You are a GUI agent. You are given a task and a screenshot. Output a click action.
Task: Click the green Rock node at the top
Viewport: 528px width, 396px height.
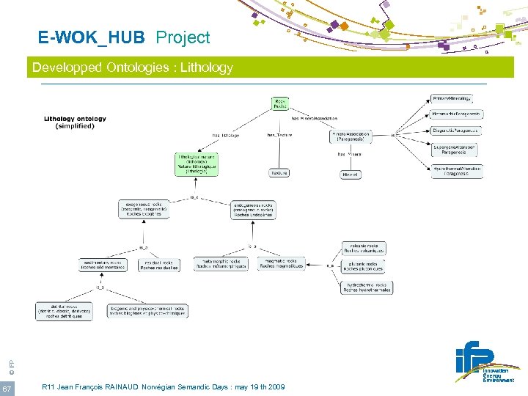(279, 103)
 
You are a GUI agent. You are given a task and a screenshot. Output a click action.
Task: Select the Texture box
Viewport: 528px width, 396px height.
(279, 173)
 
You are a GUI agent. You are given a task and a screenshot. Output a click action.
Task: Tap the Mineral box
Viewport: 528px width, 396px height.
(351, 175)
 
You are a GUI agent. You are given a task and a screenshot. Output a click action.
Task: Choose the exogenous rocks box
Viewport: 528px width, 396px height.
(144, 209)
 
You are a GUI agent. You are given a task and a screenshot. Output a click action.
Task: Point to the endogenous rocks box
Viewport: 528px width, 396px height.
(253, 209)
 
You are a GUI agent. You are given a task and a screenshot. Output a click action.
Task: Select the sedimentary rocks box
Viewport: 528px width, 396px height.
(103, 265)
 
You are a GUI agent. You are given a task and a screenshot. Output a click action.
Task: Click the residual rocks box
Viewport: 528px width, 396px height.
(158, 265)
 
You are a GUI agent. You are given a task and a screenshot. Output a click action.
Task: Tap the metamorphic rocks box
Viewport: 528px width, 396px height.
(220, 264)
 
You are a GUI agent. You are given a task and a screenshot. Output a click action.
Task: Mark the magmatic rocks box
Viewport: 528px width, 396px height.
(282, 264)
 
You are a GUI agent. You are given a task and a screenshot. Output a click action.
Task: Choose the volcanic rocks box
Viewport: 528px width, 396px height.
(364, 249)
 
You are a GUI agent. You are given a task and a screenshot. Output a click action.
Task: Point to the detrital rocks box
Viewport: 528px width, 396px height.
(64, 311)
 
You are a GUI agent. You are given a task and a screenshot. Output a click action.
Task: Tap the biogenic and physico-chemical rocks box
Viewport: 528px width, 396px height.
(147, 311)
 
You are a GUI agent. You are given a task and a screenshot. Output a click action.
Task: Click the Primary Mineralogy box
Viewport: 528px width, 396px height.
(452, 98)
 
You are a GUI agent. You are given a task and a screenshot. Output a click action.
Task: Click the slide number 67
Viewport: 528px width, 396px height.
(7, 387)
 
